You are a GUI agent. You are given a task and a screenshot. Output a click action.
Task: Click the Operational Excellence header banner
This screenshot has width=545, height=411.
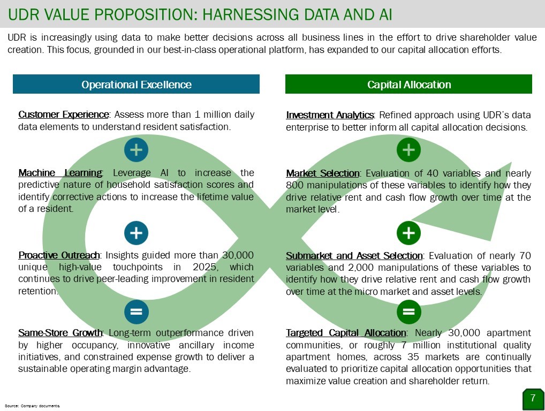pos(136,84)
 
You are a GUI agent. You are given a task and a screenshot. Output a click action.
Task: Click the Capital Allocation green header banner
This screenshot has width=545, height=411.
pos(409,84)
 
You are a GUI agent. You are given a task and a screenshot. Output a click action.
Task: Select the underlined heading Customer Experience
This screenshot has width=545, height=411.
pos(64,115)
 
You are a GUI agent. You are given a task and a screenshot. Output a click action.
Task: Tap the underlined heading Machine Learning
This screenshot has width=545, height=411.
pos(60,173)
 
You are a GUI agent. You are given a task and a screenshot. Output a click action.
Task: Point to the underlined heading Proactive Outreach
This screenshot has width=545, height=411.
pos(59,255)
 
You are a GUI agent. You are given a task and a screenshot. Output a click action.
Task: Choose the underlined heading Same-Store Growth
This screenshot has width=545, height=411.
pos(60,333)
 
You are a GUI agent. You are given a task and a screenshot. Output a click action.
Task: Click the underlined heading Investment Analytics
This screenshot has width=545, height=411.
pos(330,115)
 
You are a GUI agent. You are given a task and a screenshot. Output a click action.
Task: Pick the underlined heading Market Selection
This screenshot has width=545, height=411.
pos(322,173)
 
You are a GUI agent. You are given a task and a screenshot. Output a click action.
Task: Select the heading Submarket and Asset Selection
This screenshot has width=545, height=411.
pos(354,256)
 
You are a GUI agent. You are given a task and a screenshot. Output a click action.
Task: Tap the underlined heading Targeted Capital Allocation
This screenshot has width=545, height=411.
pos(346,333)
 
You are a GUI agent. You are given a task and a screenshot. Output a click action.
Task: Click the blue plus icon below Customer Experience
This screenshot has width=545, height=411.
pos(136,150)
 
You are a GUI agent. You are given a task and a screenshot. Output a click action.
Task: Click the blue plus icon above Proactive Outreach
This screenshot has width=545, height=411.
pos(136,233)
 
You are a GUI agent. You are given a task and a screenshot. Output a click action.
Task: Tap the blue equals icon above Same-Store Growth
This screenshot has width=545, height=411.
pos(136,311)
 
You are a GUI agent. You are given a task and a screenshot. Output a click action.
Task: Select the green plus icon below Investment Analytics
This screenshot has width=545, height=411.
pos(409,150)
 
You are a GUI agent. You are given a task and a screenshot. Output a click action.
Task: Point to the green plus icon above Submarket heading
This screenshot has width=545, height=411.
pos(409,233)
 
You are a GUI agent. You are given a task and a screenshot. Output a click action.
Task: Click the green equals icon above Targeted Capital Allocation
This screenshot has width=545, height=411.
pos(409,311)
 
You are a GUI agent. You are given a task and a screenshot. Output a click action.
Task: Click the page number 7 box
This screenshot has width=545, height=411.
pos(533,399)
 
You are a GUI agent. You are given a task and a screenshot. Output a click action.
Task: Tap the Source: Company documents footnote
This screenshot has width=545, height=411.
pos(32,406)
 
